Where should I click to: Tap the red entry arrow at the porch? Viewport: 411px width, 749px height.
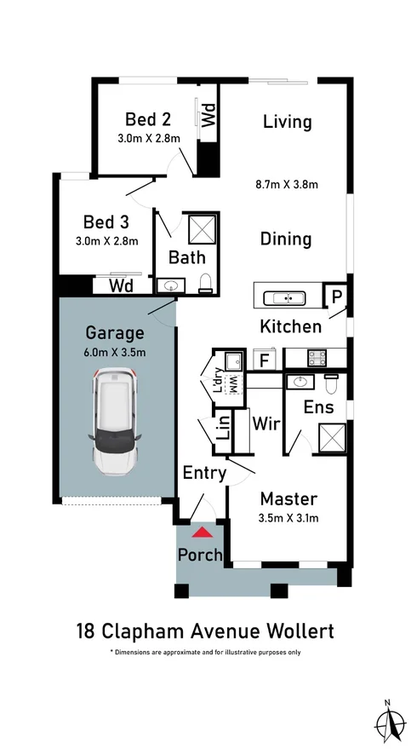click(x=202, y=533)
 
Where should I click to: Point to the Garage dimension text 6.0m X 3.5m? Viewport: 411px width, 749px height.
click(x=116, y=352)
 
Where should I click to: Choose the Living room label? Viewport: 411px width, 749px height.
click(x=287, y=122)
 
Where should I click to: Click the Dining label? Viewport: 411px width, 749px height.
click(x=286, y=239)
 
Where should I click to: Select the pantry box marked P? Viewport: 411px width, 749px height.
click(x=337, y=297)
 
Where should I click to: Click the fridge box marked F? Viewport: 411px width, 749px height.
click(x=264, y=360)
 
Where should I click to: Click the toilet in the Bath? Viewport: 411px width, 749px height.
click(x=204, y=283)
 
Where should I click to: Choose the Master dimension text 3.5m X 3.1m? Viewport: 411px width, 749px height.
click(x=288, y=516)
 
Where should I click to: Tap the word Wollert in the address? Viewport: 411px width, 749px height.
click(x=294, y=631)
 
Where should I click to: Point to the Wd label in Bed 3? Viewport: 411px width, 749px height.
click(x=124, y=286)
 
